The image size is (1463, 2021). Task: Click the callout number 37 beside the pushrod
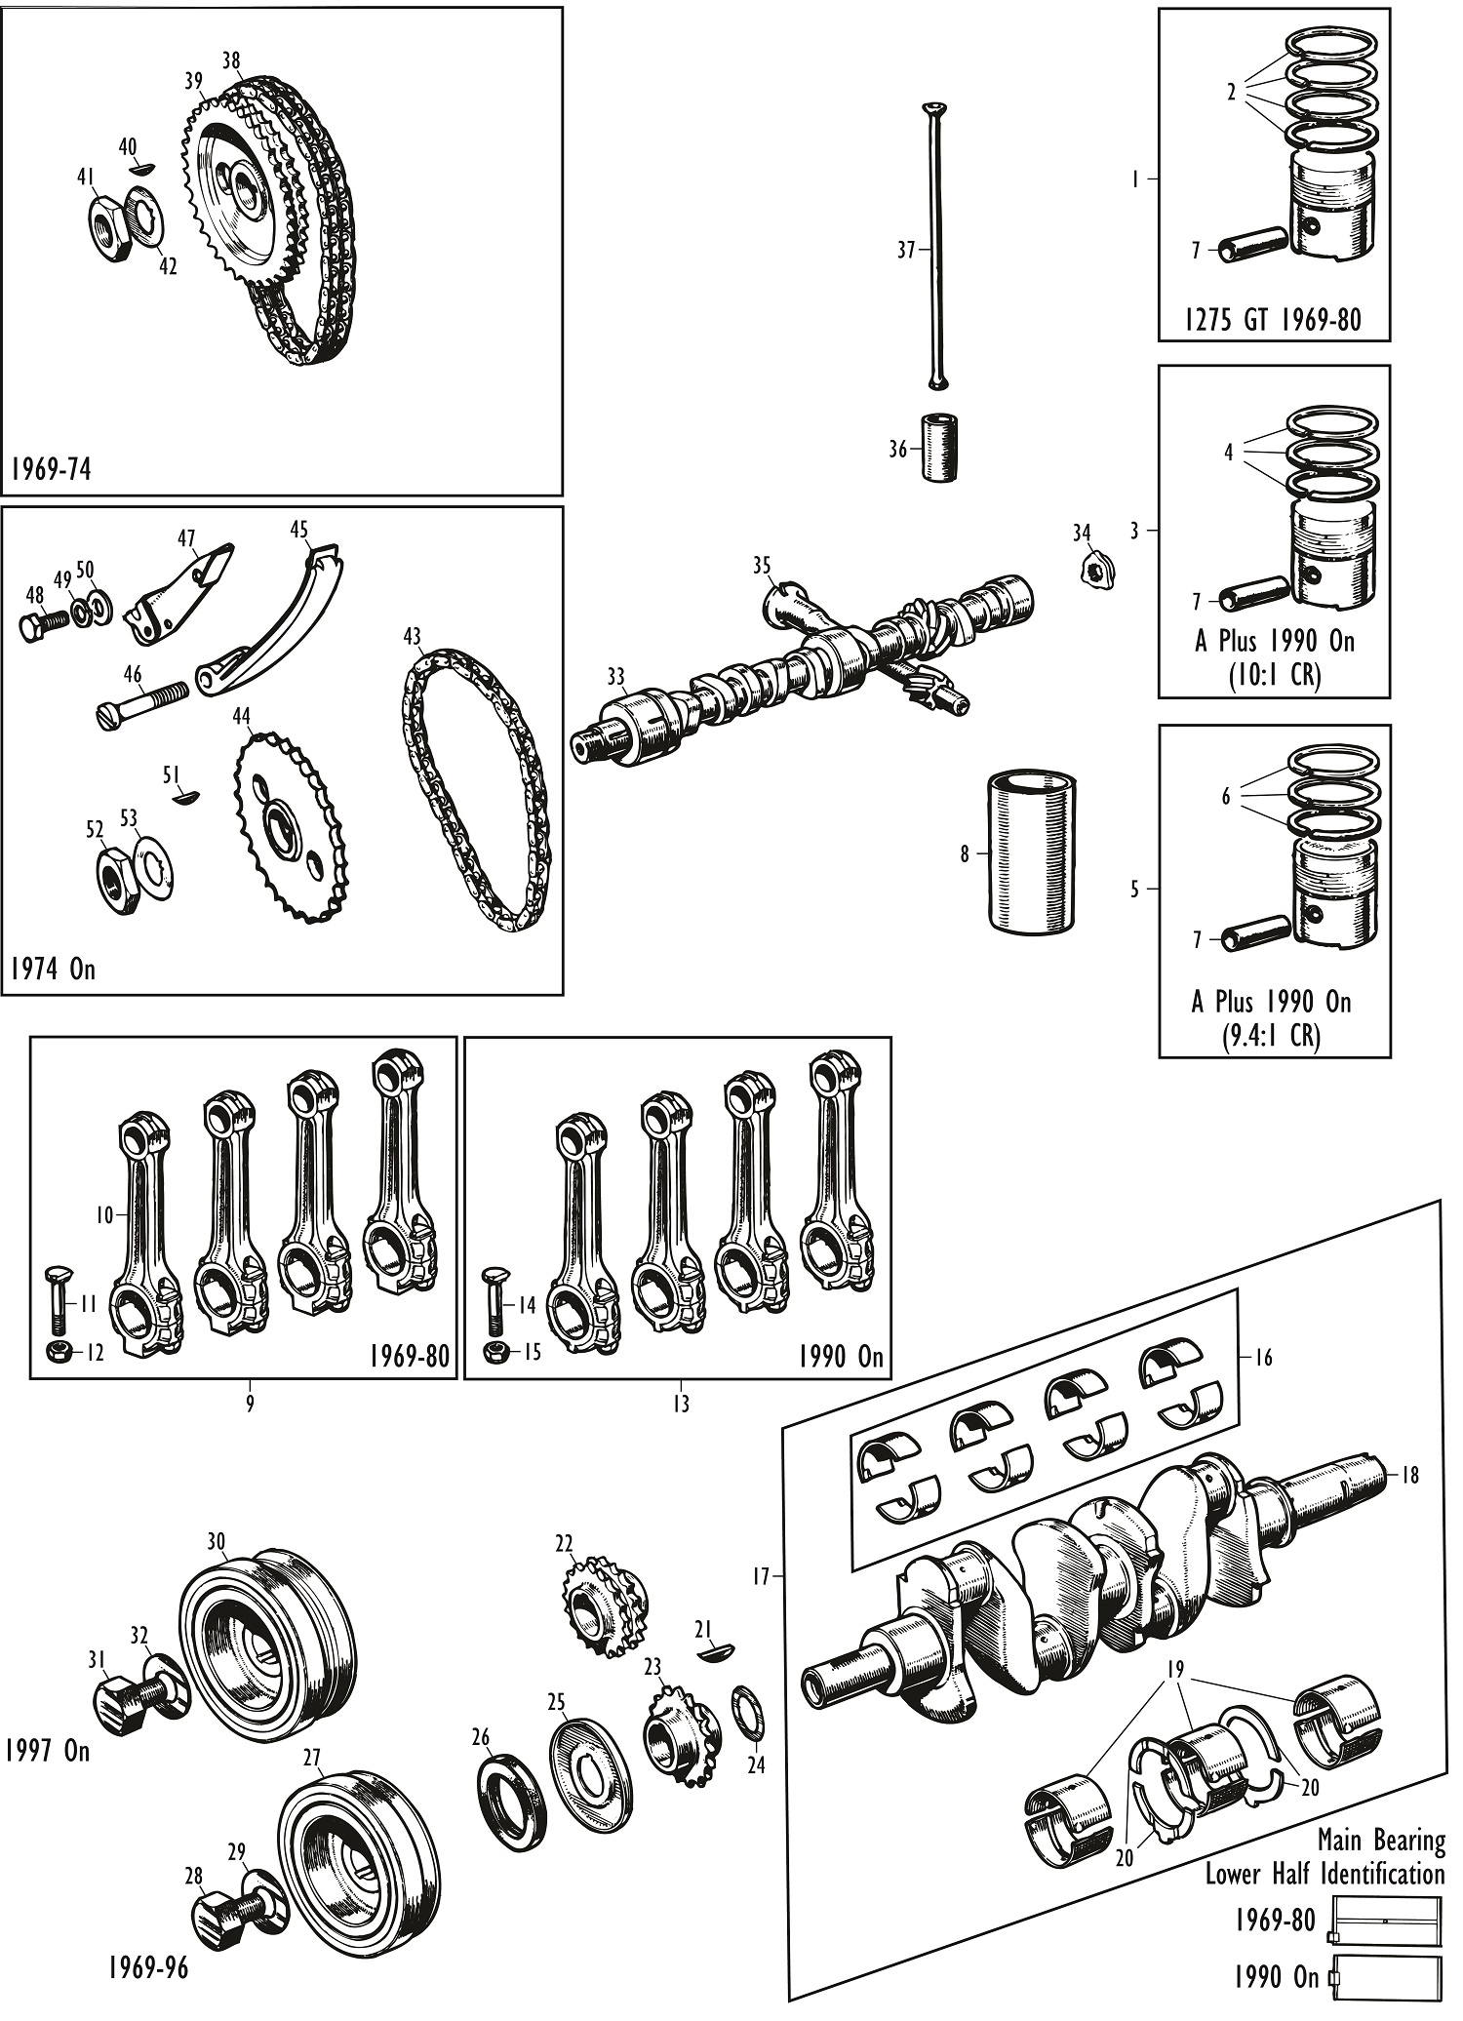point(906,251)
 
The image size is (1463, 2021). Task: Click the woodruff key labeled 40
point(141,169)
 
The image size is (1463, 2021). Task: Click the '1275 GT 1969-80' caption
point(1273,320)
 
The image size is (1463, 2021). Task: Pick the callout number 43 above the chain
point(412,637)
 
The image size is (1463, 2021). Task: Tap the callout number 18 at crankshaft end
point(1409,1475)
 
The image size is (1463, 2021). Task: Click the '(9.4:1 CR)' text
point(1273,1035)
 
